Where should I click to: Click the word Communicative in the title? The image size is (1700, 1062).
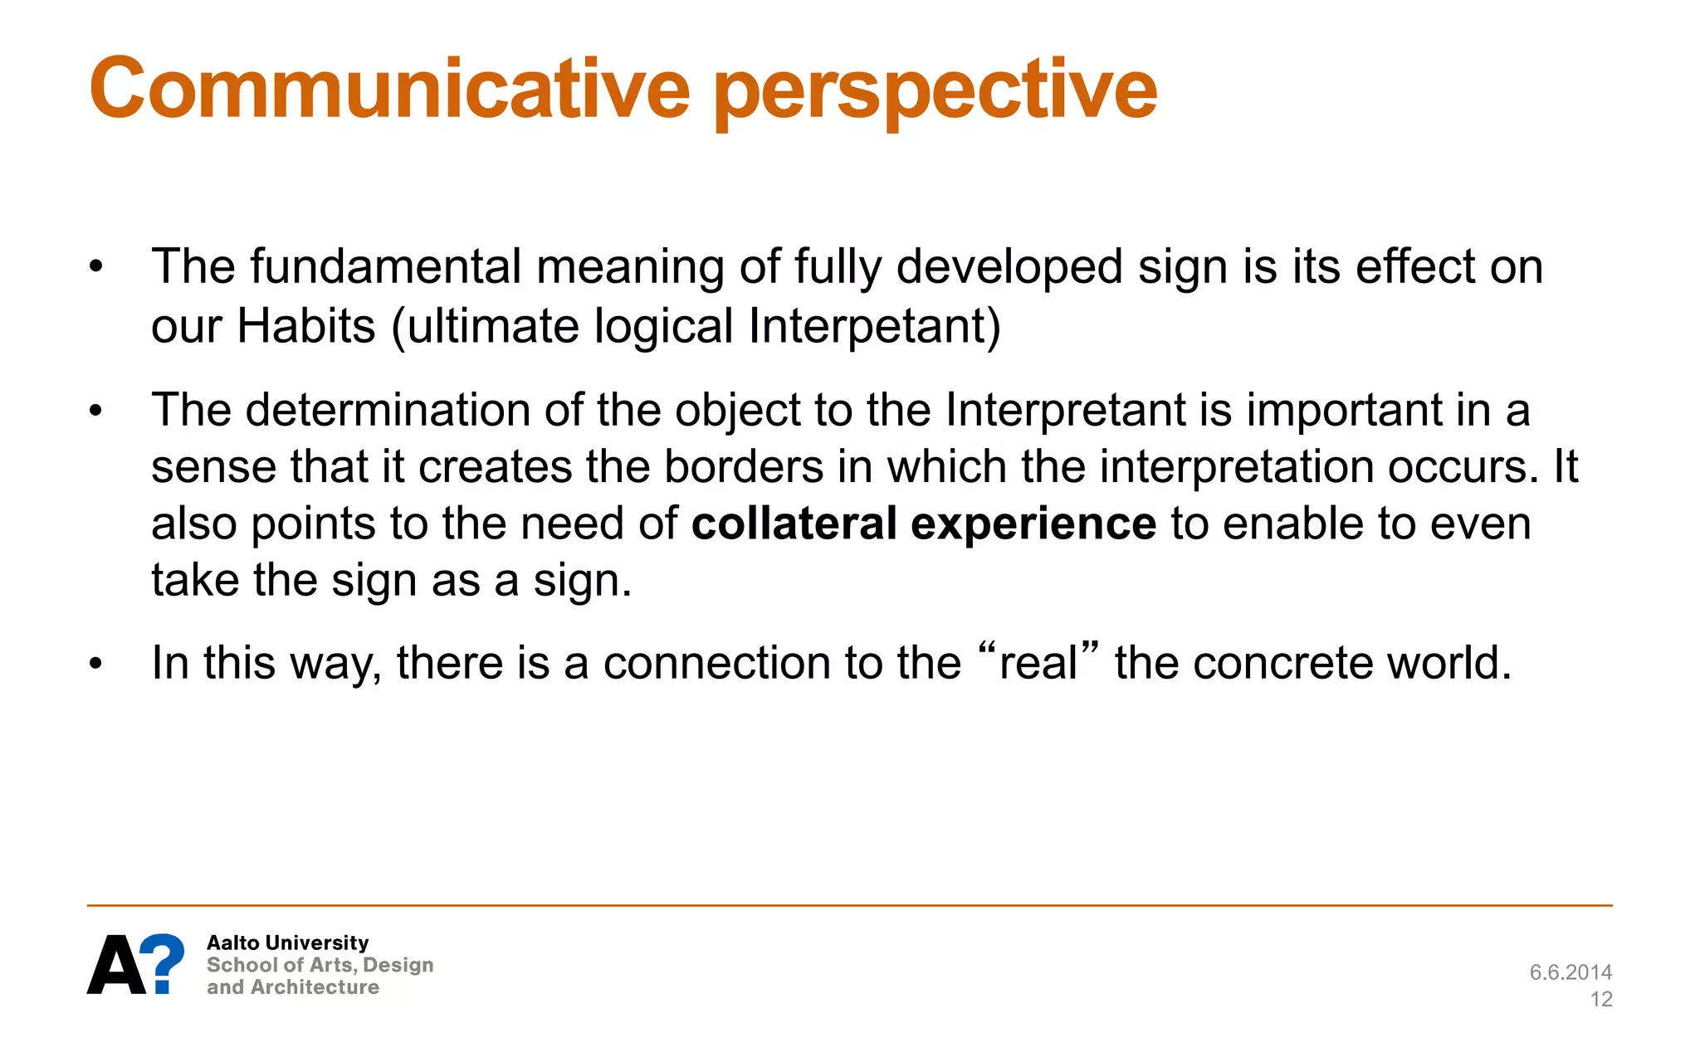tap(388, 89)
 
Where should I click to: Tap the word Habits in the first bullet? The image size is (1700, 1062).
tap(306, 325)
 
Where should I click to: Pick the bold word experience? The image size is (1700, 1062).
tap(1033, 525)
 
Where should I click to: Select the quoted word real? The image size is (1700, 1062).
tap(1038, 663)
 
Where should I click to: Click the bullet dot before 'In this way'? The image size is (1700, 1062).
tap(96, 664)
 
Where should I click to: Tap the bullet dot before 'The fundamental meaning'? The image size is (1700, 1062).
tap(96, 267)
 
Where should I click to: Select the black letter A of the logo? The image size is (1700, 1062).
tap(115, 966)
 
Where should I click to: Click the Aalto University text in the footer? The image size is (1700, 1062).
tap(287, 943)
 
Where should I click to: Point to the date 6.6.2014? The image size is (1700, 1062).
tap(1571, 972)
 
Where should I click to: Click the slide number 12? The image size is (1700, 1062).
tap(1601, 1000)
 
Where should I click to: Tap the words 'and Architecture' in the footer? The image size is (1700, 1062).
tap(293, 987)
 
